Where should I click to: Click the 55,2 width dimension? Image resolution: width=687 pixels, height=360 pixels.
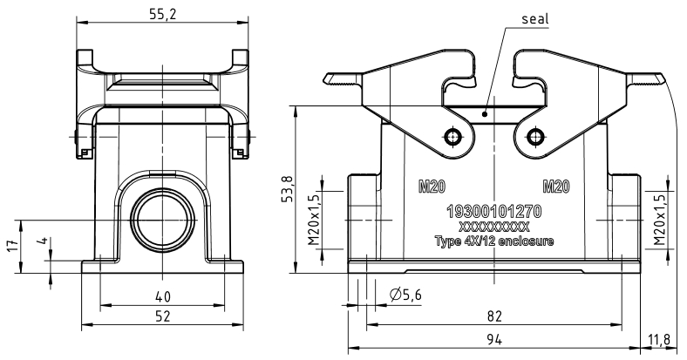pos(162,15)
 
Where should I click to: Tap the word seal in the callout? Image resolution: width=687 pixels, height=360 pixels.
pos(534,19)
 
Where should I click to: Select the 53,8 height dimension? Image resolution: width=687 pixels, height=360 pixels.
pos(286,189)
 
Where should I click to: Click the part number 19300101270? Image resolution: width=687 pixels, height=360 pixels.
pos(493,212)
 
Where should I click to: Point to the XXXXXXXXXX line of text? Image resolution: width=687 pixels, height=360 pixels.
pos(493,227)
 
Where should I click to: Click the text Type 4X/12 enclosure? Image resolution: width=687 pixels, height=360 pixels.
pos(493,241)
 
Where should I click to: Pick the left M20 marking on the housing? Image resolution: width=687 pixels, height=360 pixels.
pos(432,187)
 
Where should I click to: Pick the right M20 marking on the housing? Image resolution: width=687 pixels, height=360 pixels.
pos(556,187)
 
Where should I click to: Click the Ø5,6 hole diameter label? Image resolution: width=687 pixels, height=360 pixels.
pos(405,295)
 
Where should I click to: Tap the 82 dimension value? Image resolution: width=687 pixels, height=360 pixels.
pos(493,316)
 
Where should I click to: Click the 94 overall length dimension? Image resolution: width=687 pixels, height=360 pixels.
pos(493,339)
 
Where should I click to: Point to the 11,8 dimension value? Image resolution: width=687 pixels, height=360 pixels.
pos(659,339)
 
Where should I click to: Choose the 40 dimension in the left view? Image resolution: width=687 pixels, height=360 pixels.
pos(162,297)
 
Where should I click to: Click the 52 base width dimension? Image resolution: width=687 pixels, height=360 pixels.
pos(162,316)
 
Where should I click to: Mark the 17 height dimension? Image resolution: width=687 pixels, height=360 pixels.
pos(15,245)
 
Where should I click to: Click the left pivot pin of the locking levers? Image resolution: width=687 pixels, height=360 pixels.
pos(452,137)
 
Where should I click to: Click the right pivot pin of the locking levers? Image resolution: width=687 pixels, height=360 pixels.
pos(534,137)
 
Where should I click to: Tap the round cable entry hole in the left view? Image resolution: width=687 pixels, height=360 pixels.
pos(163,219)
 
